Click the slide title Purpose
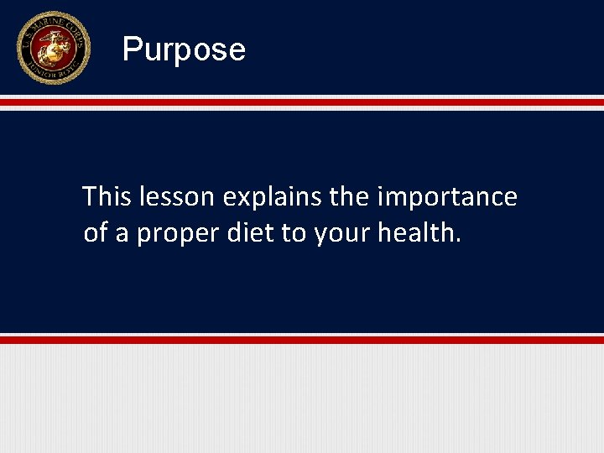pyautogui.click(x=184, y=49)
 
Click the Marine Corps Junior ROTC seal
pyautogui.click(x=52, y=48)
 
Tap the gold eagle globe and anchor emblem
pyautogui.click(x=52, y=47)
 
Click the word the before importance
pyautogui.click(x=349, y=197)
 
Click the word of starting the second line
pyautogui.click(x=96, y=233)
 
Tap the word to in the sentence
pyautogui.click(x=294, y=234)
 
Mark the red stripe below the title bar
pyautogui.click(x=302, y=102)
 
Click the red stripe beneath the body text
pyautogui.click(x=302, y=340)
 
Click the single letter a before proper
pyautogui.click(x=122, y=235)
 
